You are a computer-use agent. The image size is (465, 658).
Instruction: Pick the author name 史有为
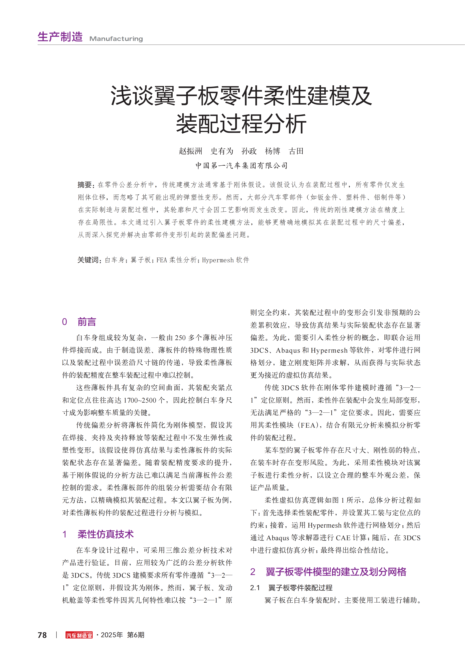tap(222, 151)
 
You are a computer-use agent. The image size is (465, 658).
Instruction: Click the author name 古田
tap(296, 151)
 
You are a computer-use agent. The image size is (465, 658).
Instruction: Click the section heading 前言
tap(87, 322)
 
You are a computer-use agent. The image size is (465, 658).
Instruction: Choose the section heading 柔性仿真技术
tap(105, 534)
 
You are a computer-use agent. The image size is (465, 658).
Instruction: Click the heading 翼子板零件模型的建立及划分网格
tap(336, 572)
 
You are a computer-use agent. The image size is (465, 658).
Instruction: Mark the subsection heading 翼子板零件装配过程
tap(300, 588)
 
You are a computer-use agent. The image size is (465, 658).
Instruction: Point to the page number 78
tap(42, 635)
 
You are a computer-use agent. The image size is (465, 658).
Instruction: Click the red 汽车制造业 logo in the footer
tap(79, 635)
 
